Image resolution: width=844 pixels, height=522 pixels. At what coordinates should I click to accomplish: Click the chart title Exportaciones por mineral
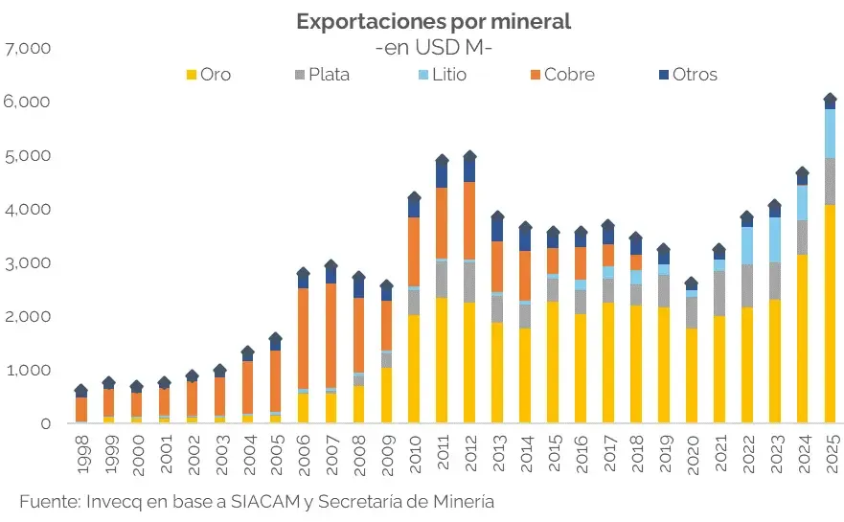pyautogui.click(x=432, y=21)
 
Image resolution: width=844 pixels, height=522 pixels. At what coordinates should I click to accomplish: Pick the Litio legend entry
pyautogui.click(x=442, y=74)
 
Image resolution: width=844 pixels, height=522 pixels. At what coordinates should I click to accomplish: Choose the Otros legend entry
pyautogui.click(x=686, y=74)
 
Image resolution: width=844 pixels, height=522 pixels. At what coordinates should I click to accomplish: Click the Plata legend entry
pyautogui.click(x=320, y=74)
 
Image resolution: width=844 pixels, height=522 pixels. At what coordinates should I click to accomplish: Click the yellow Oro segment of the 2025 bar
pyautogui.click(x=831, y=316)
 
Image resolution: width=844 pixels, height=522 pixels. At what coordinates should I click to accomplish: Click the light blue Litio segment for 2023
pyautogui.click(x=775, y=239)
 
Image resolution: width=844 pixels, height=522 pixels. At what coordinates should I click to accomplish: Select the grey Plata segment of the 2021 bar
pyautogui.click(x=719, y=293)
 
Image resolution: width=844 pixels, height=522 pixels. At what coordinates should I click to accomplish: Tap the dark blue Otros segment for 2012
pyautogui.click(x=469, y=170)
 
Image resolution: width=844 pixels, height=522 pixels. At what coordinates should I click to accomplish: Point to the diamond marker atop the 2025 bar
pyautogui.click(x=831, y=100)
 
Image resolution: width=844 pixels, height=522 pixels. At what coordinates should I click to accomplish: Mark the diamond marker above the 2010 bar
pyautogui.click(x=414, y=198)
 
